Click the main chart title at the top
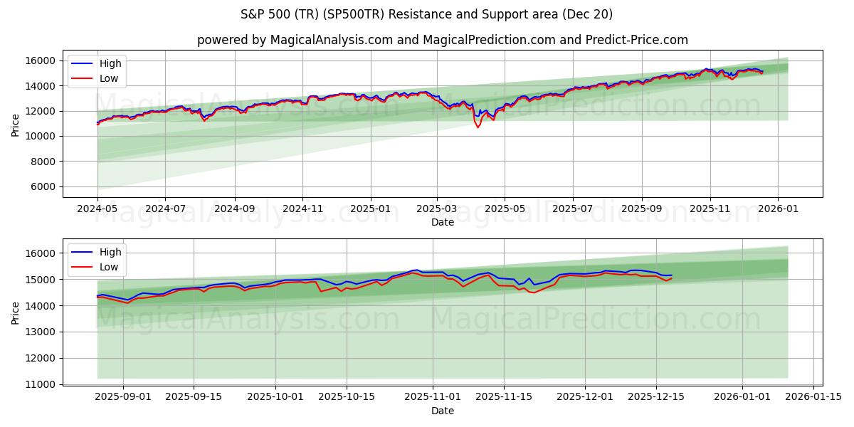(426, 14)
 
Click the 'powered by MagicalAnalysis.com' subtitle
(442, 40)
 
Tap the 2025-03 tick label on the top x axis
(436, 209)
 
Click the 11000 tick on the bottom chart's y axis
(43, 384)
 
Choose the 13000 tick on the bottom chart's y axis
(43, 332)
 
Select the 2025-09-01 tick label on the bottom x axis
(122, 397)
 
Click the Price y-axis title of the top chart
(16, 125)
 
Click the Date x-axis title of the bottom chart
(442, 411)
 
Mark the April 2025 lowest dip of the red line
(478, 127)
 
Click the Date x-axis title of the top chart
(442, 222)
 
